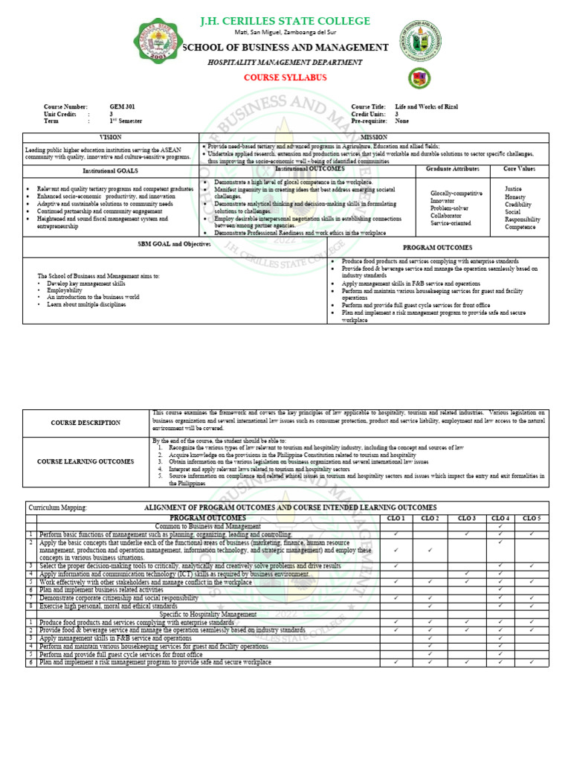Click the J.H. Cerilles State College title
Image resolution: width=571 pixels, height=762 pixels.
(285, 20)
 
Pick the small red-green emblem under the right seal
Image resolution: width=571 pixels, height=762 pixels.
(419, 78)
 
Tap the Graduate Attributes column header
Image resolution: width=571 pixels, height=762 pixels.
(454, 170)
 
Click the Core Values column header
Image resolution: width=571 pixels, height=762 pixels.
(520, 170)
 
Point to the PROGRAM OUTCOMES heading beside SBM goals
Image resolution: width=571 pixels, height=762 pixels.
(437, 247)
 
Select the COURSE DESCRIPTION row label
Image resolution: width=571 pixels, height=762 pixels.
(86, 423)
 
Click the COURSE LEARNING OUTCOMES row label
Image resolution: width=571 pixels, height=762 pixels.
(86, 461)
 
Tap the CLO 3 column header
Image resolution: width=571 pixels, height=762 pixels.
(466, 518)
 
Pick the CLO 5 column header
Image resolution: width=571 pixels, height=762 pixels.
(532, 518)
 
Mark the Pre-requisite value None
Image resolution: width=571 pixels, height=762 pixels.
(402, 121)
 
